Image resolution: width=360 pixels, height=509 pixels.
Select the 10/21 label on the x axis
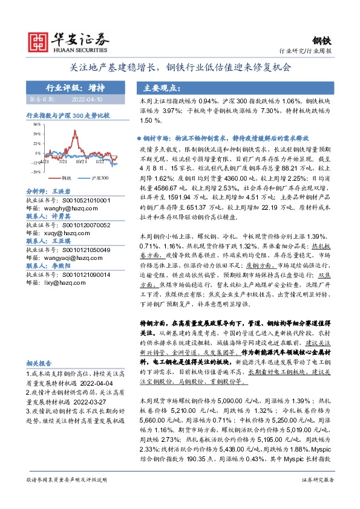(x=80, y=161)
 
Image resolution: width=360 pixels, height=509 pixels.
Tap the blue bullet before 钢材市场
(x=139, y=138)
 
